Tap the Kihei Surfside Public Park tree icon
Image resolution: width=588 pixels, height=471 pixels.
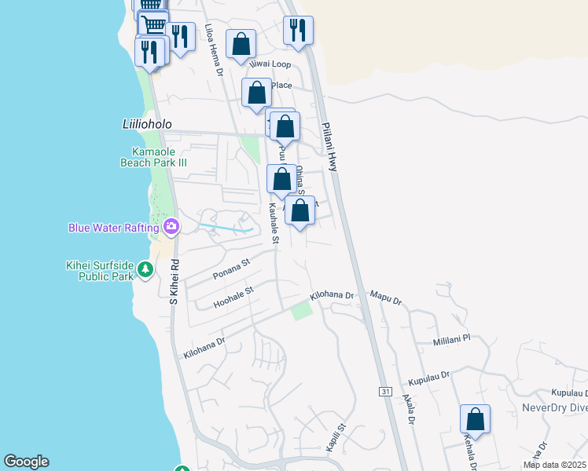145,270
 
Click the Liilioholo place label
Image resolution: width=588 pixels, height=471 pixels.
146,124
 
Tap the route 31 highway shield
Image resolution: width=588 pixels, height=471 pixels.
384,391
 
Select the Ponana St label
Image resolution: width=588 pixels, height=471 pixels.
230,268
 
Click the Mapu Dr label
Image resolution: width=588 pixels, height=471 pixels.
386,299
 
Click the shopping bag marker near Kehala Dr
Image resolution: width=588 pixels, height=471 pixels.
475,418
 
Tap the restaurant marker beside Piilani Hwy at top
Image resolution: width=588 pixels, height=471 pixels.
298,30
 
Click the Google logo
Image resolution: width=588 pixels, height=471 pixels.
26,462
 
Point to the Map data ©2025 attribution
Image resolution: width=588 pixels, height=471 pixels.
553,465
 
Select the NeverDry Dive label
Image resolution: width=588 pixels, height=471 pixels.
554,408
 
